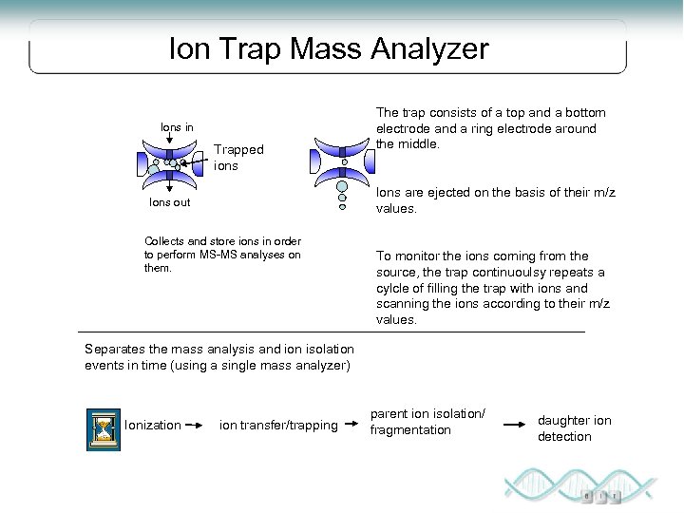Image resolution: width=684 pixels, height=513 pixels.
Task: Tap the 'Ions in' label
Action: click(x=177, y=126)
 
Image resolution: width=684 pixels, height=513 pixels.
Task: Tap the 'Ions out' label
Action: click(x=171, y=202)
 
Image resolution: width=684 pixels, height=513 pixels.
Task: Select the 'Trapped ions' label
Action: click(x=237, y=158)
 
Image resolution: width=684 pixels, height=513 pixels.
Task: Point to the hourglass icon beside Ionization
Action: click(x=102, y=426)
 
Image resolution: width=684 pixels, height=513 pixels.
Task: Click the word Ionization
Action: click(x=152, y=425)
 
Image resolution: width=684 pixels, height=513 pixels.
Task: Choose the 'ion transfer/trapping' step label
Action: click(x=278, y=425)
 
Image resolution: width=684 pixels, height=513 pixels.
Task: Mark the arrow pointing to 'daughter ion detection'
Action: click(x=515, y=424)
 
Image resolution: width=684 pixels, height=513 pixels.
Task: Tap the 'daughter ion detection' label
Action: click(x=574, y=428)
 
